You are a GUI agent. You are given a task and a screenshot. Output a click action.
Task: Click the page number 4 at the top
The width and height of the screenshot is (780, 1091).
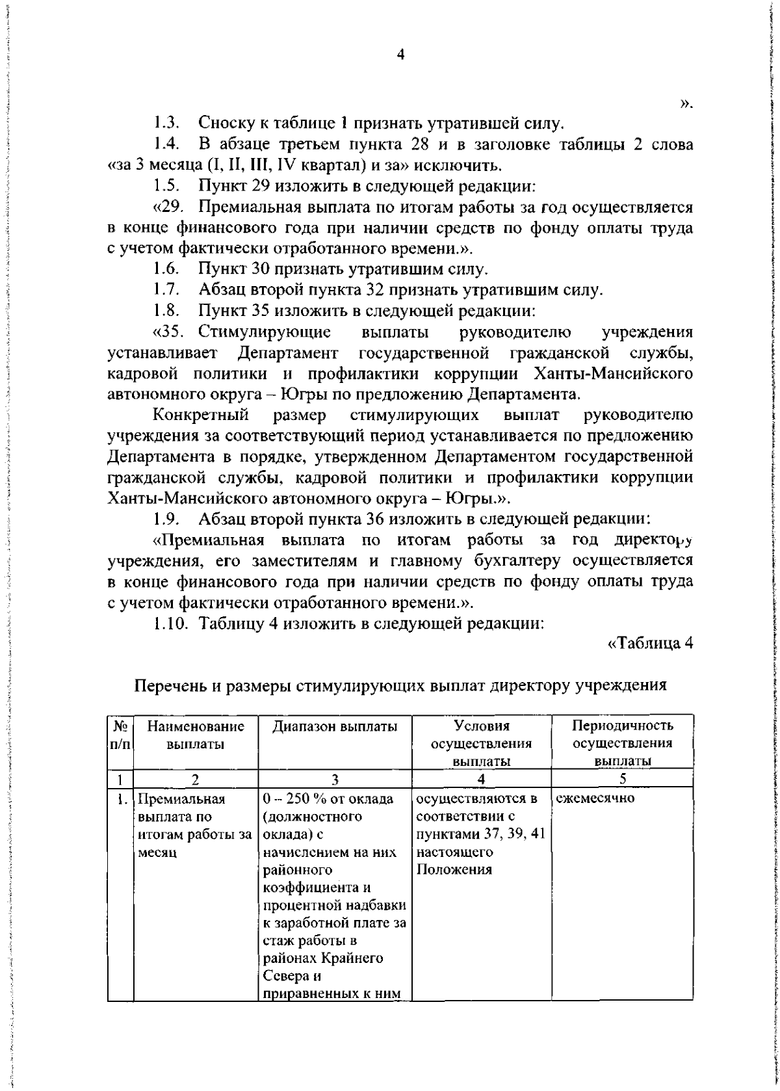click(x=401, y=56)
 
